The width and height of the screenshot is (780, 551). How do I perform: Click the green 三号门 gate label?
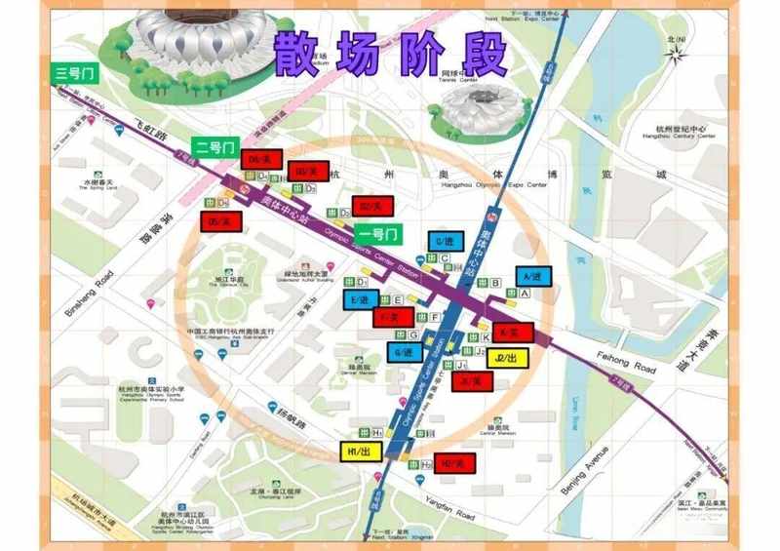coord(74,72)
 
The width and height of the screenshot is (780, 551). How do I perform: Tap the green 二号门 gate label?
coord(214,147)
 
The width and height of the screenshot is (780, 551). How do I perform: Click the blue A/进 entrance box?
coord(531,276)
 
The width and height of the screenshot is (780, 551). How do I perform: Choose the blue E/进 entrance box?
coord(362,299)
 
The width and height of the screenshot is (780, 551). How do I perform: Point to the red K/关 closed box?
coord(511,333)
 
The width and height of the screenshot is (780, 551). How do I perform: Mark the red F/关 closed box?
coord(394,317)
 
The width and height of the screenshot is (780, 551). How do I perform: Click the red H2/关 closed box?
coord(456,463)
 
